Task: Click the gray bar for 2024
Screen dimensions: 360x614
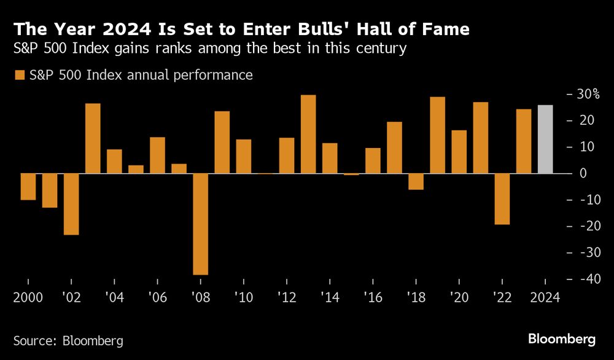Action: pyautogui.click(x=545, y=139)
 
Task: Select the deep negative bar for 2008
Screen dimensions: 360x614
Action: pyautogui.click(x=201, y=224)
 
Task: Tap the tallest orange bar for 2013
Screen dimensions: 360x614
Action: pyautogui.click(x=308, y=135)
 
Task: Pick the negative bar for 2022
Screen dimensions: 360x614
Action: pyautogui.click(x=502, y=199)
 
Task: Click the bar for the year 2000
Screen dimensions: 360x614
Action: pyautogui.click(x=28, y=187)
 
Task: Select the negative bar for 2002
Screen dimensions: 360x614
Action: pyautogui.click(x=71, y=204)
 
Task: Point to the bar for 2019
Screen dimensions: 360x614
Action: pyautogui.click(x=437, y=135)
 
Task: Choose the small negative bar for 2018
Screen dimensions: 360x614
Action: pyautogui.click(x=416, y=182)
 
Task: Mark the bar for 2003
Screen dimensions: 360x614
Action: pyautogui.click(x=93, y=138)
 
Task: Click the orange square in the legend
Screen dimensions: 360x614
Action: pyautogui.click(x=19, y=76)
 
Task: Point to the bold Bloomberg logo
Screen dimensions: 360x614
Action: pyautogui.click(x=562, y=339)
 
